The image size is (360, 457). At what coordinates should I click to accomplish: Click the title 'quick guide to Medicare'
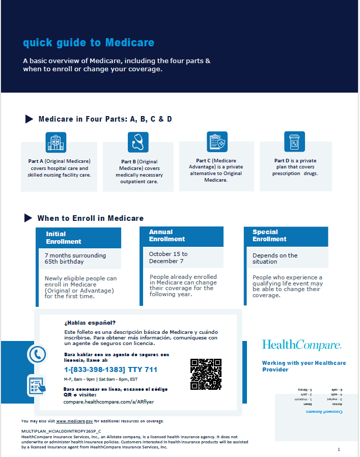[89, 43]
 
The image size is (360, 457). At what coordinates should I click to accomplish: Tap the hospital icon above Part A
[56, 142]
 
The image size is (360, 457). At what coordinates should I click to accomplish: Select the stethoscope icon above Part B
[138, 142]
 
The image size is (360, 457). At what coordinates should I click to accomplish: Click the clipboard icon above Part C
[217, 142]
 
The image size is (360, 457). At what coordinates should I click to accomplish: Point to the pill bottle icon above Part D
[294, 141]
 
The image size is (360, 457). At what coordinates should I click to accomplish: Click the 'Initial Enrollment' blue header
[63, 238]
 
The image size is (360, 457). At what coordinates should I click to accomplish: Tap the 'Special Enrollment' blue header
[269, 236]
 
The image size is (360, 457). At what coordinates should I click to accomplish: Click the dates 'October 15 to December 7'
[169, 258]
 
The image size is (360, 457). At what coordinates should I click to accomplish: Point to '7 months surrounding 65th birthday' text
[75, 259]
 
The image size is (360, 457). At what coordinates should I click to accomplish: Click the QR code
[206, 374]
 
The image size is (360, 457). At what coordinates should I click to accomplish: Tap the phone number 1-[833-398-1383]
[95, 369]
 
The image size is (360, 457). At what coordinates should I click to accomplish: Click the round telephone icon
[37, 354]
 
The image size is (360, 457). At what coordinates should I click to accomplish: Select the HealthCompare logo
[301, 345]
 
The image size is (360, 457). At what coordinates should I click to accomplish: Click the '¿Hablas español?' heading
[90, 323]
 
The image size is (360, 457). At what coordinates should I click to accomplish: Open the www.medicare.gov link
[74, 421]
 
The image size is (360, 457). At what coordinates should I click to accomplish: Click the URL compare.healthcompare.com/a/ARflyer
[109, 402]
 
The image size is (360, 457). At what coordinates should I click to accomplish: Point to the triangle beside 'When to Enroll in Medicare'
[29, 218]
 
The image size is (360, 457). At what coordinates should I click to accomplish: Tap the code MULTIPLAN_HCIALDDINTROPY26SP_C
[58, 431]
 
